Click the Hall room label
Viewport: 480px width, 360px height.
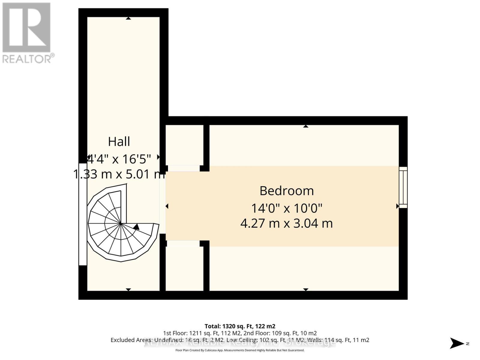119,142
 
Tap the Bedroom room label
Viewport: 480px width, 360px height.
286,191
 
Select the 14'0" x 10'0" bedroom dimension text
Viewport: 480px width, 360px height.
286,208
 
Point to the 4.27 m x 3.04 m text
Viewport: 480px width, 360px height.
286,223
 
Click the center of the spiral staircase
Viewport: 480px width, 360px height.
121,223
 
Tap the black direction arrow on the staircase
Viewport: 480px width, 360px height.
136,227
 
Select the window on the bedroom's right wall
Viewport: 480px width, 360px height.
403,187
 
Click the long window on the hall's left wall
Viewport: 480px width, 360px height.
82,214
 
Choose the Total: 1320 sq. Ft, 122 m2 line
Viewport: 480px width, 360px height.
240,326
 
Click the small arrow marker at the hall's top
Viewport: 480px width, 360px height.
128,18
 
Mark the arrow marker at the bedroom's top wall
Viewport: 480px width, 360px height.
306,126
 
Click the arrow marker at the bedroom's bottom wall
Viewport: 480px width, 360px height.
306,289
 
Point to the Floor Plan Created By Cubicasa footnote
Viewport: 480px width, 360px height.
240,350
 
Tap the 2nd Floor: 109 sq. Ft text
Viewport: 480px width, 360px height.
294,333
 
